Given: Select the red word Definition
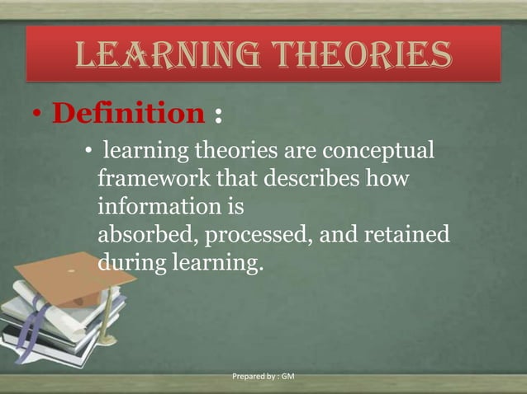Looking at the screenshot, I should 127,115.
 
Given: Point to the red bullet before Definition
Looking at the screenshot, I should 39,115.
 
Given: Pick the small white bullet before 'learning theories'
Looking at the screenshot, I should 88,153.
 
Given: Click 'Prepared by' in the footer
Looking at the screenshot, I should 253,377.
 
